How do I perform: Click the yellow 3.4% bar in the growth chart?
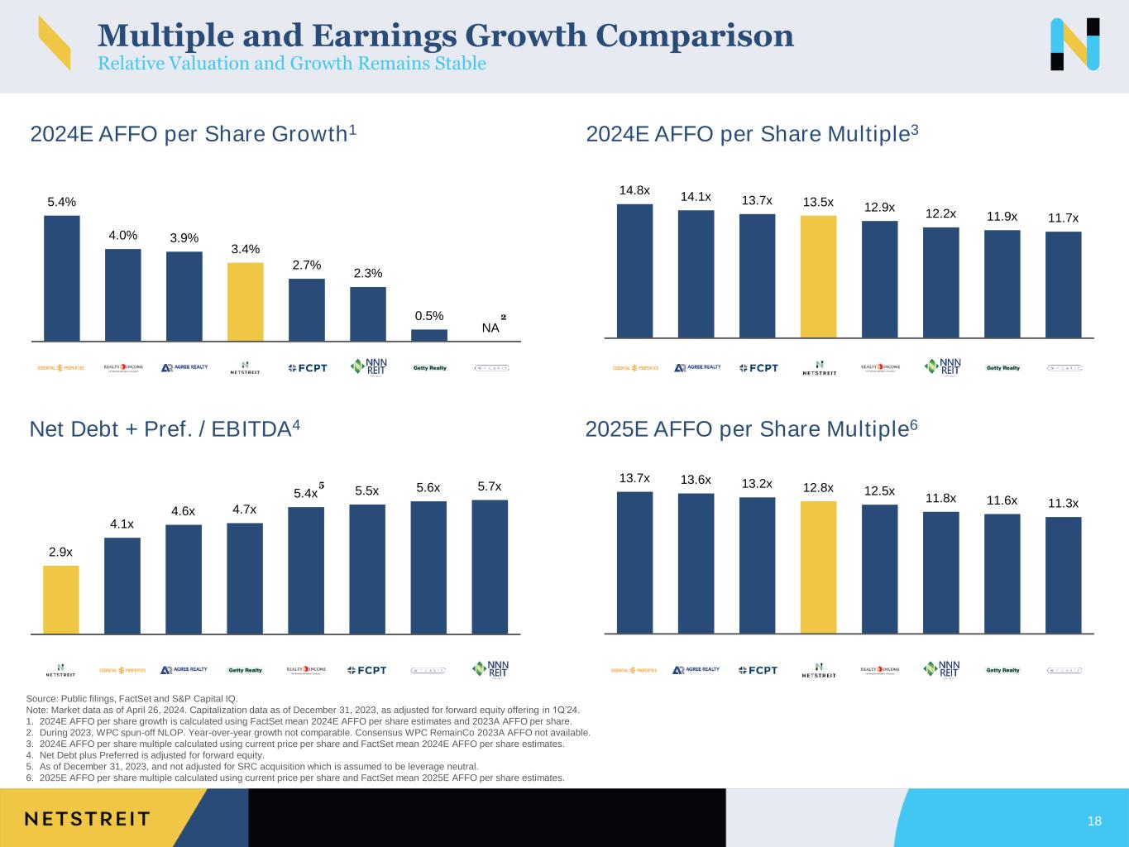coord(246,301)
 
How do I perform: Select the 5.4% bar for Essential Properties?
coord(62,278)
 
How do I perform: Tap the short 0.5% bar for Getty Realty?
coord(429,335)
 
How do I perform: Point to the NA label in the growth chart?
coord(490,328)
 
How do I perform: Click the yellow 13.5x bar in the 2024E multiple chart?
coord(818,276)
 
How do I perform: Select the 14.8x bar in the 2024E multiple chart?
coord(634,270)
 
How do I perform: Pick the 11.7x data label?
coord(1063,218)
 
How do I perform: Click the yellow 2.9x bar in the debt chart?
coord(61,600)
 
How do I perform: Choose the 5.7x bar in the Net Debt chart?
coord(490,567)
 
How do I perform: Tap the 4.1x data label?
coord(122,524)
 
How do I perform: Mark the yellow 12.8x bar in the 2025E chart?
coord(818,567)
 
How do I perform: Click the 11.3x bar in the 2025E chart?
coord(1063,575)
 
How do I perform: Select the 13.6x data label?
coord(696,480)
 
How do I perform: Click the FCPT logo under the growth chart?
coord(307,368)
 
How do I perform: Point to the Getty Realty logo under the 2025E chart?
coord(1003,670)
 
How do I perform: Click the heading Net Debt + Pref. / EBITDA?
coord(164,429)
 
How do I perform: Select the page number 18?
coord(1094,821)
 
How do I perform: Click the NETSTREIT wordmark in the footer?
coord(87,819)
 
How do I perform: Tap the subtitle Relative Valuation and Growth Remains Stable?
coord(291,64)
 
